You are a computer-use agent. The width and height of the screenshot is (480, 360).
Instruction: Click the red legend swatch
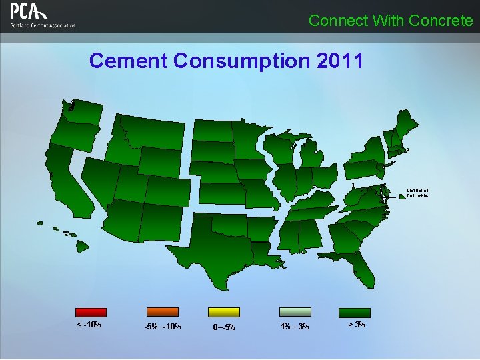click(x=91, y=311)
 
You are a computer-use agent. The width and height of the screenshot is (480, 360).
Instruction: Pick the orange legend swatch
click(x=162, y=311)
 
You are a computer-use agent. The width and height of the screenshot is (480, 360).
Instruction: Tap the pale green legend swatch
click(x=295, y=311)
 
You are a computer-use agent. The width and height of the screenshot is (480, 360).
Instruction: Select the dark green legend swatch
click(x=355, y=311)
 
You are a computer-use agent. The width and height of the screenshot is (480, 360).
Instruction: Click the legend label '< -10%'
click(x=89, y=325)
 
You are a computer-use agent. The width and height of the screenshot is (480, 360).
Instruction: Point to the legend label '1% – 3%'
click(x=295, y=327)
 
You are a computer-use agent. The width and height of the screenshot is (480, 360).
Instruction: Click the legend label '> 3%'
click(x=356, y=325)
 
